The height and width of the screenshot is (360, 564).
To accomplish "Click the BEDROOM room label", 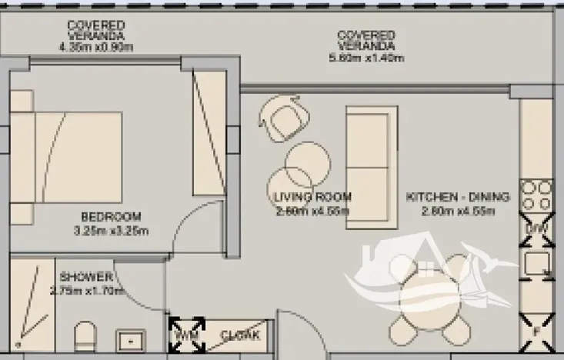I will point(112,215).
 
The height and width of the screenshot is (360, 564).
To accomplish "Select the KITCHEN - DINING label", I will point(457,198).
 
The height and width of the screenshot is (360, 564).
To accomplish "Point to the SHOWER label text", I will point(87,277).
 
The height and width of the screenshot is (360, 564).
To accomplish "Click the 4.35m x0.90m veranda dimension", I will point(95,47).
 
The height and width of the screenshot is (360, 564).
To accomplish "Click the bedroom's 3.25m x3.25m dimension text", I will point(112,230).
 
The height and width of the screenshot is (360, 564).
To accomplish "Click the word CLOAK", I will point(241,335).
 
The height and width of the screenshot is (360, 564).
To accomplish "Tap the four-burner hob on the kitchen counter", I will point(535,196).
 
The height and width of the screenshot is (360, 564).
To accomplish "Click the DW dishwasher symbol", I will point(535,229).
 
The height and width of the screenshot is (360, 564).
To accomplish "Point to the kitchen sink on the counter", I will point(535,265).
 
